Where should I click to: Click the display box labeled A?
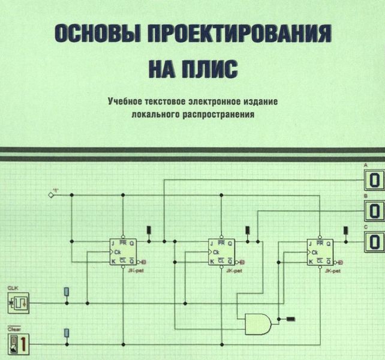[374, 179]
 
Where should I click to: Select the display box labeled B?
[374, 211]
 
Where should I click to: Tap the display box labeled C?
[374, 242]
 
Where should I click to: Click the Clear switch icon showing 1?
[17, 344]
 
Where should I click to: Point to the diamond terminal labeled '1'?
[51, 194]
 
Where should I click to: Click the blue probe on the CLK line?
[67, 292]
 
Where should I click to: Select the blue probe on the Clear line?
[67, 333]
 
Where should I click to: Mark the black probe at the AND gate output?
[291, 319]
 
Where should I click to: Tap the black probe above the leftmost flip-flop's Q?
[149, 229]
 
